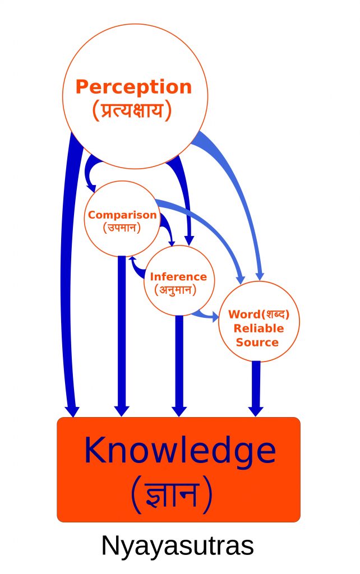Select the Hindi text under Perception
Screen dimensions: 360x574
132,110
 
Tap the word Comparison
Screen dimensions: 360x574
122,215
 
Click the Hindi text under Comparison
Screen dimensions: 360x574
122,228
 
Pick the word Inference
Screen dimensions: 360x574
178,276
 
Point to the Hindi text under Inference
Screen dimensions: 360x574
176,290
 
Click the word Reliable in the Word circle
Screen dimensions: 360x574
259,328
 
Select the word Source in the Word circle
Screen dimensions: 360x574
257,342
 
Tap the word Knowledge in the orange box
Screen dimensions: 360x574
180,450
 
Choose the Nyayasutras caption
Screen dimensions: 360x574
177,546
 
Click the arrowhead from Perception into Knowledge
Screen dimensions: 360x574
72,411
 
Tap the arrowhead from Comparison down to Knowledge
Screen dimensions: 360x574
122,411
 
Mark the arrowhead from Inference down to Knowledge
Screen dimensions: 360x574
179,411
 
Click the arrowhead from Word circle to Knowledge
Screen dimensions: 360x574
256,411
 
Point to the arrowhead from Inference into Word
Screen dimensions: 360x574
214,317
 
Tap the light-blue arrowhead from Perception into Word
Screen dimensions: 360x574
260,276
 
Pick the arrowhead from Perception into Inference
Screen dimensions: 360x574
189,240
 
